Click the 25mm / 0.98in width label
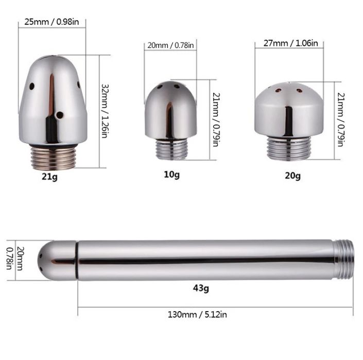[51, 22]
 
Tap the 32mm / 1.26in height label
[105, 111]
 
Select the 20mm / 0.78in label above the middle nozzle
[170, 45]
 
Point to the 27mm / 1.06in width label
[291, 43]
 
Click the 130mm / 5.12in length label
[197, 315]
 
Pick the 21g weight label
[49, 177]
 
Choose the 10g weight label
[171, 175]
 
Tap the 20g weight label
[292, 176]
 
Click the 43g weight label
[201, 288]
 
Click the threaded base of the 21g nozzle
[53, 158]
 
